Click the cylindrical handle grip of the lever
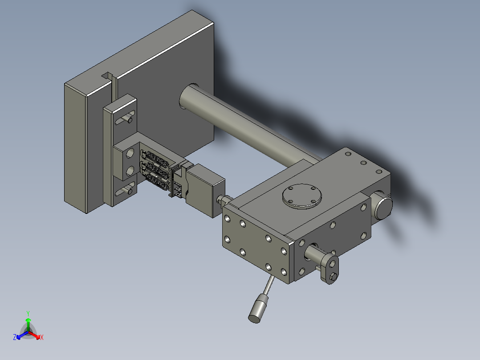[x=258, y=308]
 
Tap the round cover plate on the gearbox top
[x=302, y=196]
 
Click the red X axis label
[x=42, y=337]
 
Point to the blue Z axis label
[x=14, y=337]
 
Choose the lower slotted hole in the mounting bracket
[x=125, y=189]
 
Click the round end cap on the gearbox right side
[x=382, y=207]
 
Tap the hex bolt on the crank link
[x=333, y=277]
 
